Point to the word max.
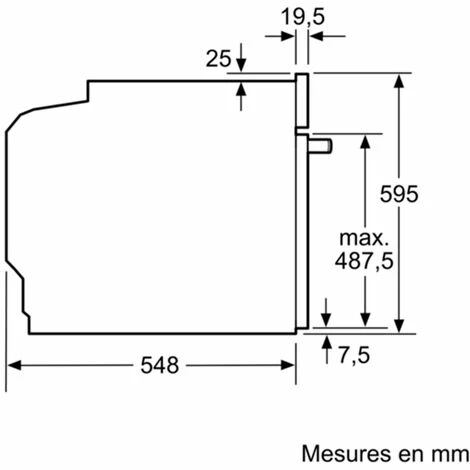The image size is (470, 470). pos(363,239)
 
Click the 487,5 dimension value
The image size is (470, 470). pos(363,264)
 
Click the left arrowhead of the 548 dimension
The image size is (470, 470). pos(14,366)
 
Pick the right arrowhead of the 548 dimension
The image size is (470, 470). pos(291,366)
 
